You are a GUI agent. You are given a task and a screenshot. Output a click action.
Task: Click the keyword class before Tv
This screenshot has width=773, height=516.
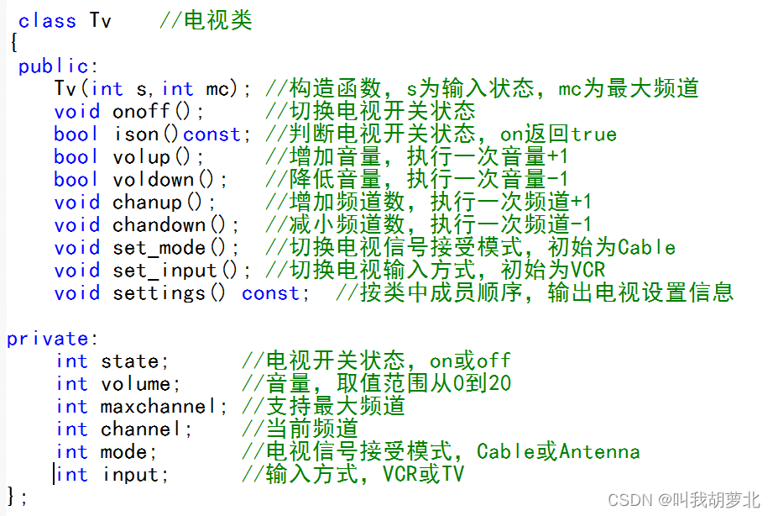(x=47, y=21)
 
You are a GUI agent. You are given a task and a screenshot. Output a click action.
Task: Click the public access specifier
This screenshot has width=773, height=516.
(x=53, y=66)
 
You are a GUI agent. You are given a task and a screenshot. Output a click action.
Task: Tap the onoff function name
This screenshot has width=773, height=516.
(x=141, y=112)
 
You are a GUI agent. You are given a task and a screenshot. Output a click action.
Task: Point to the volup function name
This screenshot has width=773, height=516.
(x=141, y=157)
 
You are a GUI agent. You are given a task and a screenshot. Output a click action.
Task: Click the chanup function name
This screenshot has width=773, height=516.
(x=147, y=203)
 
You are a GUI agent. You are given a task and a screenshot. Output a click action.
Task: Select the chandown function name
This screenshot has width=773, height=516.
(x=158, y=225)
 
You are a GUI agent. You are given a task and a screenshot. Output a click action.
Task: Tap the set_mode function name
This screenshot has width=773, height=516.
(x=159, y=248)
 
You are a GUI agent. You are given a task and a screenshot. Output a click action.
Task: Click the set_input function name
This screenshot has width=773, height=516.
(x=165, y=271)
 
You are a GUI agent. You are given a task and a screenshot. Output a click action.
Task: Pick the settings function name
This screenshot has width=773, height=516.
(x=159, y=293)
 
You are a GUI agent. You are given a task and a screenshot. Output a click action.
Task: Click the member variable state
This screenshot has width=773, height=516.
(x=129, y=361)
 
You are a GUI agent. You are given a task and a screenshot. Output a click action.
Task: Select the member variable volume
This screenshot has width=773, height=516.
(x=135, y=384)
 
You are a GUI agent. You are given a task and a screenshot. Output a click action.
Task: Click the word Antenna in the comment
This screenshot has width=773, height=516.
(x=599, y=452)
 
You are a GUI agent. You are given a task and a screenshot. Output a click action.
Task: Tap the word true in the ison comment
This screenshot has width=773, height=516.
(x=593, y=134)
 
